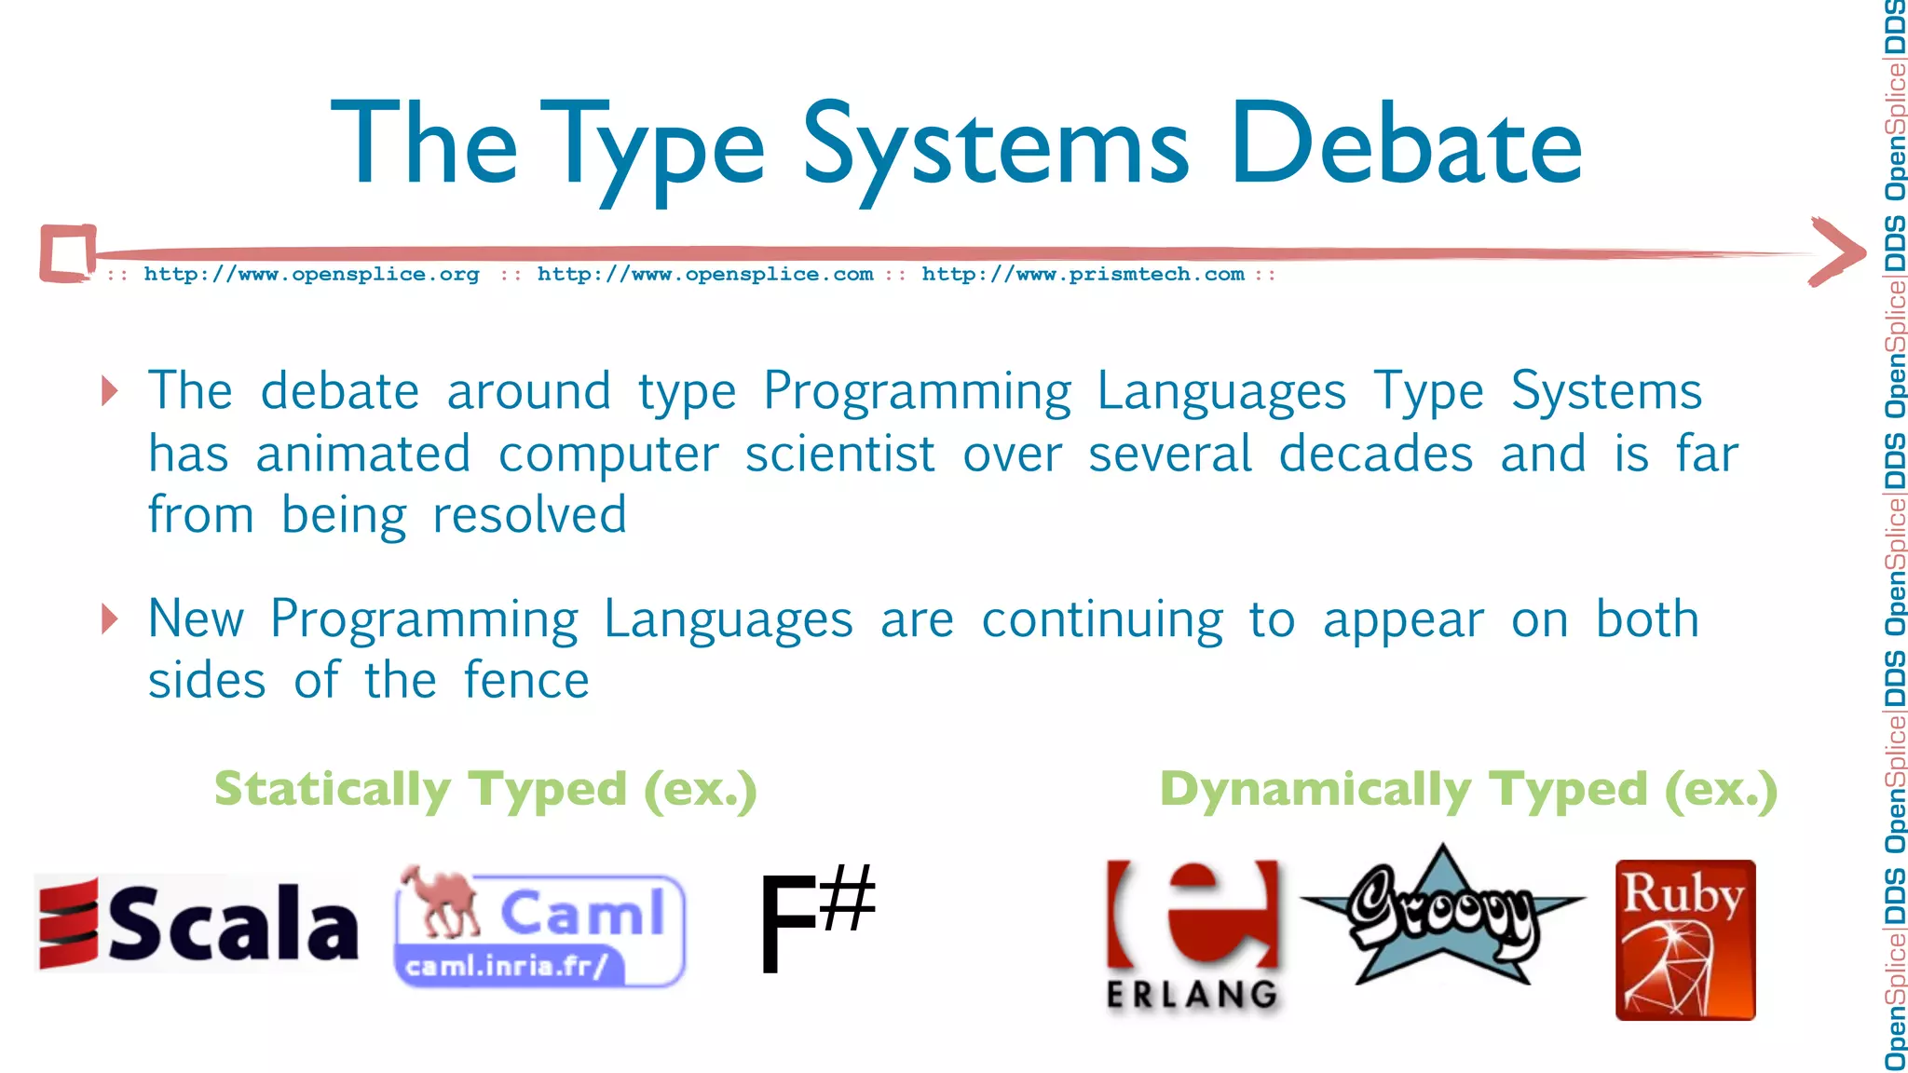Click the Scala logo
[198, 923]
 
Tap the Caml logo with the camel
[540, 928]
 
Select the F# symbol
[816, 920]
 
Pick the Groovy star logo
[1442, 917]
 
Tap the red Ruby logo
[1684, 940]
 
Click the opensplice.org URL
[311, 274]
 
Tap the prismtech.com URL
[1083, 274]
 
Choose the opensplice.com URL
[705, 274]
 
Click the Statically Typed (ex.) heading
[485, 790]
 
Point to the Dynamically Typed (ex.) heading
[1468, 790]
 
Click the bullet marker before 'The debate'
[110, 390]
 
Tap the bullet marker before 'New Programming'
[110, 618]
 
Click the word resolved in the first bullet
[529, 515]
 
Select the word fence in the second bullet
[526, 680]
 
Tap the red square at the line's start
[68, 252]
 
